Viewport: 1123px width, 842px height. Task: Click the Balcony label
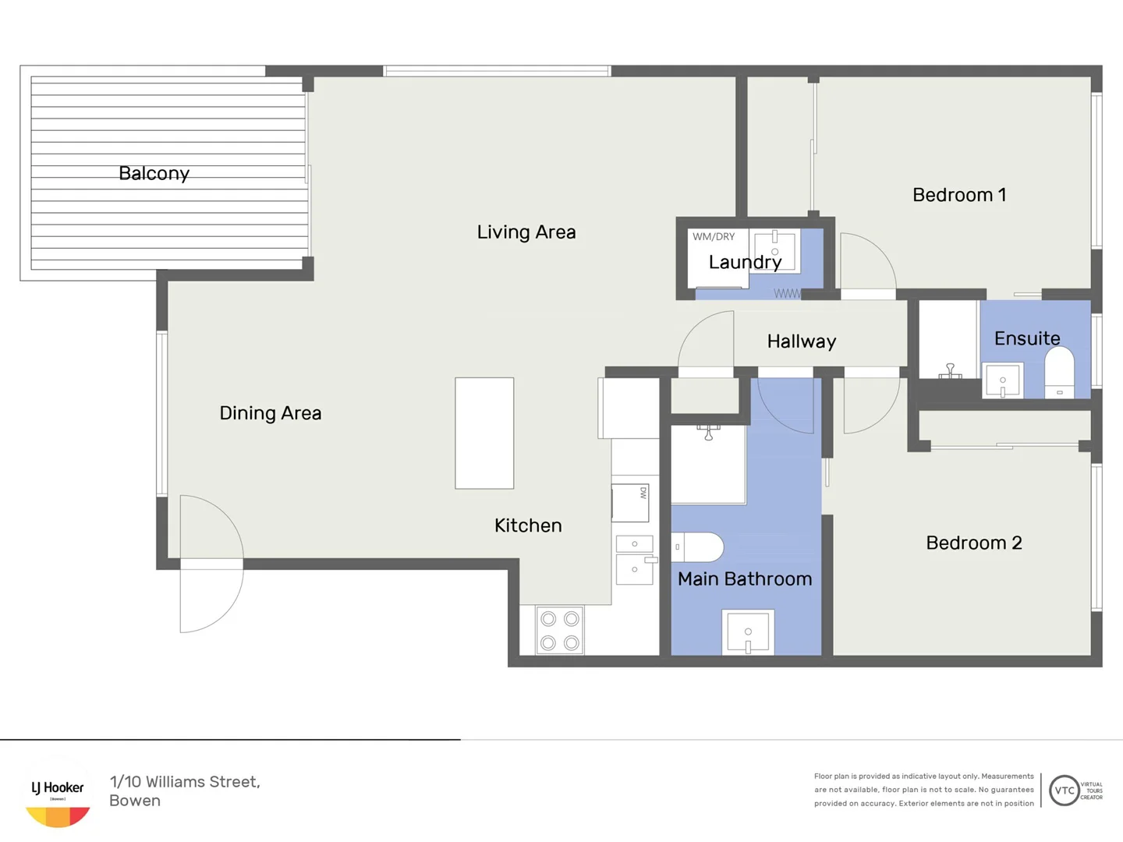tap(154, 173)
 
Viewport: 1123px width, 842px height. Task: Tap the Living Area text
tap(526, 232)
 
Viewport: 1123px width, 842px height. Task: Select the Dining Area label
tap(270, 413)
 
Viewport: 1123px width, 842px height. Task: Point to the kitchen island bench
tap(484, 433)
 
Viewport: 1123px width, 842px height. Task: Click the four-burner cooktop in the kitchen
tap(560, 630)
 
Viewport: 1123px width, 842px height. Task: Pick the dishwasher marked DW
tap(630, 503)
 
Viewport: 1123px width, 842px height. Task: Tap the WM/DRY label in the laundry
tap(714, 237)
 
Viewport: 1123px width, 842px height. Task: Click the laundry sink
tap(775, 250)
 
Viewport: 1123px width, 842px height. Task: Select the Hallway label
tap(801, 341)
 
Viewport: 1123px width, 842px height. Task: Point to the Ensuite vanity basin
tap(1003, 380)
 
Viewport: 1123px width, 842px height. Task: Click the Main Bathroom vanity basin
tap(748, 631)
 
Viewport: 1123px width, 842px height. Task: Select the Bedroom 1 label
tap(958, 195)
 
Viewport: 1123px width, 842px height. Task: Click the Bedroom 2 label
tap(973, 543)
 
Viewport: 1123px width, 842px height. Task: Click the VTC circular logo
tap(1064, 791)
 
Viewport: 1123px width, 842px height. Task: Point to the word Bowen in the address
tap(135, 801)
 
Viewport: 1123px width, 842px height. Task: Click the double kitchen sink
tap(635, 558)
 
